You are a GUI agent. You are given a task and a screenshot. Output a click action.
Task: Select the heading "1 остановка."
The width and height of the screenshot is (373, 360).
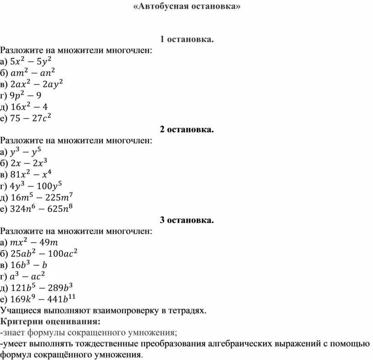coord(186,40)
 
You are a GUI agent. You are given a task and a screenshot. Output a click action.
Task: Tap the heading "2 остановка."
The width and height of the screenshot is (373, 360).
coord(186,130)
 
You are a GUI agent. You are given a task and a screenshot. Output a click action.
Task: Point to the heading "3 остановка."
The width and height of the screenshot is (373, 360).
coord(186,220)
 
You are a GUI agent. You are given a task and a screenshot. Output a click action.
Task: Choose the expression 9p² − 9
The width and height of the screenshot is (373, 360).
coord(27,96)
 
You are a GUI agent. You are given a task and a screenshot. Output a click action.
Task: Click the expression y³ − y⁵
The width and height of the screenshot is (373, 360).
coord(28,152)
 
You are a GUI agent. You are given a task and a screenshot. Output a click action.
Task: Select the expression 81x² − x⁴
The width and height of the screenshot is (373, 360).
coord(32,174)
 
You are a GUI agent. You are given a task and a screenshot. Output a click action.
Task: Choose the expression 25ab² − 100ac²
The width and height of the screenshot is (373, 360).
coord(44,253)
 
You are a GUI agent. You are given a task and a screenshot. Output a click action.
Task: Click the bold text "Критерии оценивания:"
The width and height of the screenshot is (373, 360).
coord(50,321)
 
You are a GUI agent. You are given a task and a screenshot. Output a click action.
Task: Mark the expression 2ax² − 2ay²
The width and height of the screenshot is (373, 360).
coord(37,84)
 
